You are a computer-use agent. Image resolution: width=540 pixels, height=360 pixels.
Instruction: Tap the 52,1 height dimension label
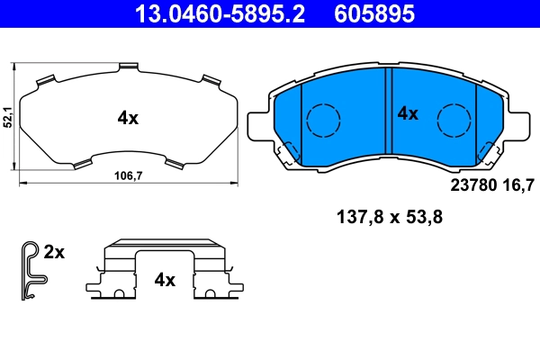point(7,117)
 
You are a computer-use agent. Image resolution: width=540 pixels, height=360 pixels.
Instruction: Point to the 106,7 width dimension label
point(127,176)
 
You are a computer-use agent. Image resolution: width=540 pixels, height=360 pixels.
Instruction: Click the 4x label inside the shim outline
point(128,117)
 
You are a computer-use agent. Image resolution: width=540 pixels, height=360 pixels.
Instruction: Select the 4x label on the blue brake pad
point(409,113)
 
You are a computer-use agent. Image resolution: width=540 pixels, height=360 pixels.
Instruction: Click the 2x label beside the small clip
point(55,253)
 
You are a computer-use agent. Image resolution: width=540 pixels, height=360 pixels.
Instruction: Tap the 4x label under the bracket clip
point(164,280)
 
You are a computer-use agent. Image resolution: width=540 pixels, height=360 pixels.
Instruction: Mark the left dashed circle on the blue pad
point(322,120)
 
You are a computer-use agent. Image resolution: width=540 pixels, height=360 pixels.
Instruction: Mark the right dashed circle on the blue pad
point(454,120)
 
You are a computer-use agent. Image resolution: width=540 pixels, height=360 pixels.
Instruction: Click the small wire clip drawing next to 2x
point(30,270)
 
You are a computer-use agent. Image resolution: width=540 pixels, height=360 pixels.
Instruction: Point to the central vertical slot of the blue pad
point(388,117)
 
